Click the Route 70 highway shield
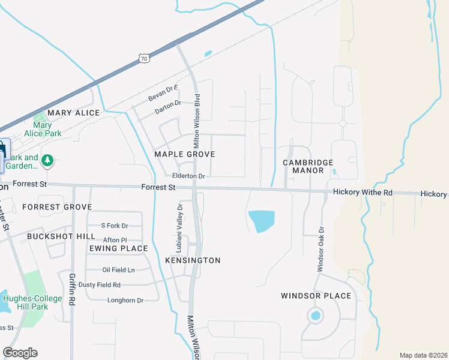click(143, 58)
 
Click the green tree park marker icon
click(47, 160)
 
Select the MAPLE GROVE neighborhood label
click(184, 154)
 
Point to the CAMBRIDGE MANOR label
click(308, 166)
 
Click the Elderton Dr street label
click(188, 176)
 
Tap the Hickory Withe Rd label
click(363, 193)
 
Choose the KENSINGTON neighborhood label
click(193, 260)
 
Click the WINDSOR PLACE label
click(316, 296)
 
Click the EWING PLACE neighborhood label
click(118, 248)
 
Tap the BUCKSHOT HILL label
click(53, 236)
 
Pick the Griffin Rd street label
click(72, 290)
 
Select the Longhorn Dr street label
click(125, 300)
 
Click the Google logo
click(20, 353)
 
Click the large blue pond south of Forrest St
click(261, 221)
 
